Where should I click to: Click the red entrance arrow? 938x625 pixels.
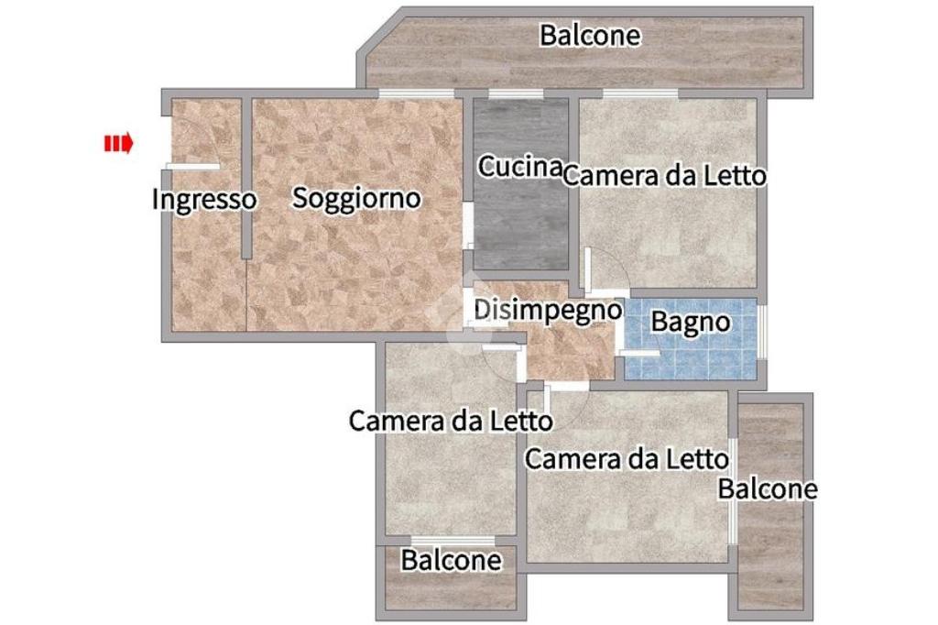point(118,144)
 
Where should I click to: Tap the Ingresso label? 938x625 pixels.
point(204,200)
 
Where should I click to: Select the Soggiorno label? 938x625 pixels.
point(356,198)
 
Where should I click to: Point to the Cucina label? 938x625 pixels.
point(519,167)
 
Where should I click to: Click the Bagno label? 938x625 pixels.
point(691,322)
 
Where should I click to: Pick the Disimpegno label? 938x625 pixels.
point(548,311)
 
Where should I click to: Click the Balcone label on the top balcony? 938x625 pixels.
point(590,36)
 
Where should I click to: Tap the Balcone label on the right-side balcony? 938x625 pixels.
point(768,488)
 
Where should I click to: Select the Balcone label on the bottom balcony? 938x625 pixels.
point(451,560)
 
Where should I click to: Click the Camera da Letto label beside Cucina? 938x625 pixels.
point(665,176)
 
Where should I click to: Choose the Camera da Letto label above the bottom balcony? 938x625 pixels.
point(451,421)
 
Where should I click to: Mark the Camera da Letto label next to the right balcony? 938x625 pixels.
point(627,459)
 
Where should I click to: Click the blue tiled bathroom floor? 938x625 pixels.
point(691,353)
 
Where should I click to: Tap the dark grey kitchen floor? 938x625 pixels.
point(520,227)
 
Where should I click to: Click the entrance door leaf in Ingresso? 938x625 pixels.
point(192,167)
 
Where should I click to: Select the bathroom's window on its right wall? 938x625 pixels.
point(762,332)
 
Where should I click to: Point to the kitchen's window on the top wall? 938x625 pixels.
point(516,93)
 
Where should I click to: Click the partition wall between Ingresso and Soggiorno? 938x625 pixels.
point(245,178)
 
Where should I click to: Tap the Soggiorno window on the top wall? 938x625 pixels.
point(417,93)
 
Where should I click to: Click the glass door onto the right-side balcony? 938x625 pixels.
point(733,491)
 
